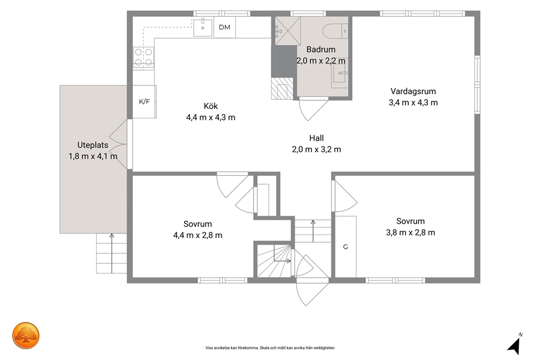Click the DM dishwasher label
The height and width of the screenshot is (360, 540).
(x=224, y=27)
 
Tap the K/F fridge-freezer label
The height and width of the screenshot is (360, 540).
(x=144, y=102)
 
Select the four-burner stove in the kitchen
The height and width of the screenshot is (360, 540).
(x=144, y=57)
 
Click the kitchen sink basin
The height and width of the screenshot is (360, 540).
(x=202, y=28)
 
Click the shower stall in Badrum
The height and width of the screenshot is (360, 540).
(x=287, y=30)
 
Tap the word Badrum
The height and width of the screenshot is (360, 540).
(x=321, y=49)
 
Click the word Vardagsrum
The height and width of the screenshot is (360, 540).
(x=413, y=91)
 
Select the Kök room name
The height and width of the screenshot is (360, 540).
(x=211, y=106)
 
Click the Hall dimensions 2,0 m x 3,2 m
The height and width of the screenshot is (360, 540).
(x=316, y=149)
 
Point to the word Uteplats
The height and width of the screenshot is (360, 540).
(x=93, y=145)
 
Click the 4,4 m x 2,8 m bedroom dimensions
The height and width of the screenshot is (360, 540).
(x=198, y=235)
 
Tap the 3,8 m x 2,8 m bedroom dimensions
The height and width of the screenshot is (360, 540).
(x=410, y=233)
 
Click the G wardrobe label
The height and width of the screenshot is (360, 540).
(x=346, y=247)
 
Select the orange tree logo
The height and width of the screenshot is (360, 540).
(x=26, y=335)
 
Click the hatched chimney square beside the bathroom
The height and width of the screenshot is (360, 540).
(x=282, y=89)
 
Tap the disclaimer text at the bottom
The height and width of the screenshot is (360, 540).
(x=270, y=348)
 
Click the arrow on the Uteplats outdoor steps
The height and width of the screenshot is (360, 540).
(x=112, y=253)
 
